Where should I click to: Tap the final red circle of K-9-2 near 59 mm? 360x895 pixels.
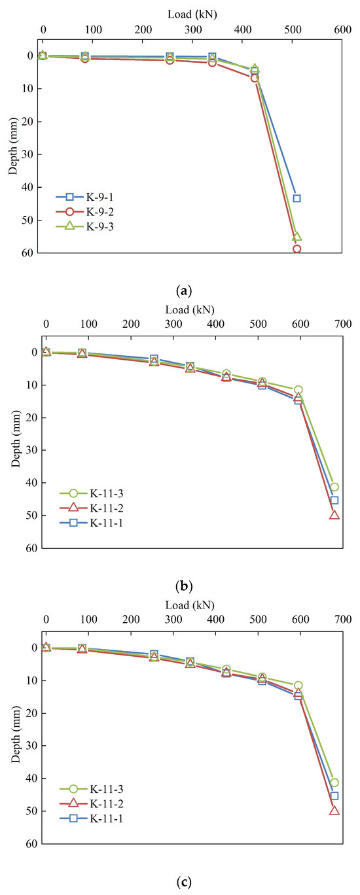[297, 249]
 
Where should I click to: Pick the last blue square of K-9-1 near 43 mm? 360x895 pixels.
[297, 198]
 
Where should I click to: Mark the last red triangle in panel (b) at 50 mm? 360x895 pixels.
[334, 515]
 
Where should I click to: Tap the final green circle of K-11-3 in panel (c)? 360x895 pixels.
[334, 782]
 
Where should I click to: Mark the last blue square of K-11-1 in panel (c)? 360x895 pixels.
[334, 796]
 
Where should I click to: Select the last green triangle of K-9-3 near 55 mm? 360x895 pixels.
[297, 236]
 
